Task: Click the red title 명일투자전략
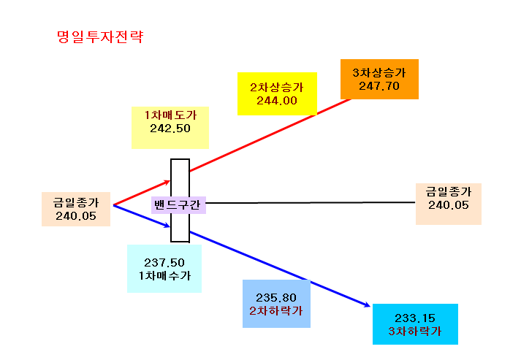tap(100, 37)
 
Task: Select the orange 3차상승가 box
tap(379, 79)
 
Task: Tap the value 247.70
tap(379, 86)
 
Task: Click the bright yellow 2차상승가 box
tap(277, 93)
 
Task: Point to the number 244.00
tap(277, 101)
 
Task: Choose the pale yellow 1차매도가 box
tap(170, 128)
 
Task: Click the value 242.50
tap(170, 129)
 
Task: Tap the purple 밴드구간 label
tap(178, 205)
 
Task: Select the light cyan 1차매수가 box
tap(164, 269)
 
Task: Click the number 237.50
tap(164, 263)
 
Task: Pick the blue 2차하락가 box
tap(276, 304)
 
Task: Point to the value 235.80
tap(276, 297)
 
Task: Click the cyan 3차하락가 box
tap(415, 324)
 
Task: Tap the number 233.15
tap(415, 318)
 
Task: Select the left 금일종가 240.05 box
tap(76, 210)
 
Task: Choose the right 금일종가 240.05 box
tap(449, 204)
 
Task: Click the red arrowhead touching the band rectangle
tap(167, 182)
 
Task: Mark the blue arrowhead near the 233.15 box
tap(367, 305)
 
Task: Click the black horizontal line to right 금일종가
tap(311, 202)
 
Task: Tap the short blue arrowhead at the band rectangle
tap(167, 226)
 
